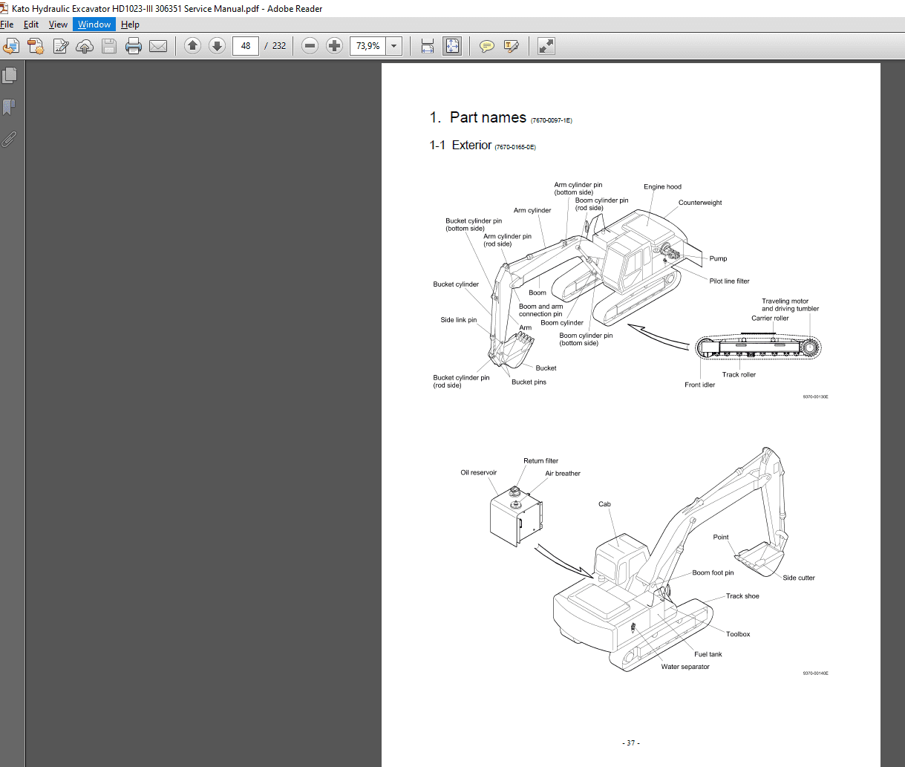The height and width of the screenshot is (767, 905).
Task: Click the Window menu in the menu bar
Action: pyautogui.click(x=94, y=25)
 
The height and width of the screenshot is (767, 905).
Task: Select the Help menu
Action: pyautogui.click(x=130, y=25)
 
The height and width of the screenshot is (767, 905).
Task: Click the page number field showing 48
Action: pyautogui.click(x=245, y=46)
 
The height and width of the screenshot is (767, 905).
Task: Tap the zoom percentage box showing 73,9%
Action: pyautogui.click(x=368, y=46)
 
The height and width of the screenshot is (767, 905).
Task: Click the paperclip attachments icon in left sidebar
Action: pyautogui.click(x=10, y=139)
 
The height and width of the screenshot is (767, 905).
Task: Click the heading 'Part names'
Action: pyautogui.click(x=488, y=117)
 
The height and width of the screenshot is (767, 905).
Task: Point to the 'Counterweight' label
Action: pyautogui.click(x=699, y=203)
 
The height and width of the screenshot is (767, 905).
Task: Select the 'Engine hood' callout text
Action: pyautogui.click(x=662, y=187)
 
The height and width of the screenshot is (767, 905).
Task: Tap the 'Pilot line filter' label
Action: pyautogui.click(x=729, y=281)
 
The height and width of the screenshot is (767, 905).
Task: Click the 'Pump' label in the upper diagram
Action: pyautogui.click(x=718, y=258)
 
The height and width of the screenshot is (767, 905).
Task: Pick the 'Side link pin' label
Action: pyautogui.click(x=458, y=320)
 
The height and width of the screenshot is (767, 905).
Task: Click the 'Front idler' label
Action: pyautogui.click(x=699, y=385)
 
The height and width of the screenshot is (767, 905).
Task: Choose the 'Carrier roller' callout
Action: pyautogui.click(x=770, y=319)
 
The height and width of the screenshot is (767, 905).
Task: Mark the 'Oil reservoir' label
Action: pyautogui.click(x=478, y=473)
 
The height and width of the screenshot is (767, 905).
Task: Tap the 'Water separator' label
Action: pyautogui.click(x=685, y=667)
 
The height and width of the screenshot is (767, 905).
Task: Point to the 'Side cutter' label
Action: pyautogui.click(x=798, y=578)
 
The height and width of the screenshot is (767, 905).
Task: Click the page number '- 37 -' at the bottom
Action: pyautogui.click(x=630, y=742)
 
